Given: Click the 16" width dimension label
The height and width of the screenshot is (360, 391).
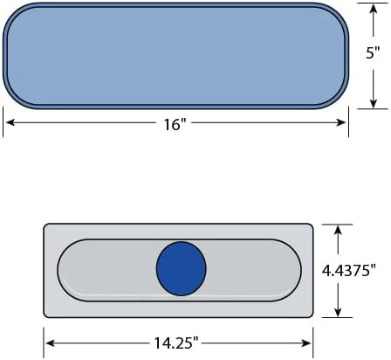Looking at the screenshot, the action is click(175, 124).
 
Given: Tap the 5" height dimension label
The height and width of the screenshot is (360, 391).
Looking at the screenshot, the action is click(373, 52).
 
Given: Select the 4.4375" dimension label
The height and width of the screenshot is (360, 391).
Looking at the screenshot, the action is click(348, 271).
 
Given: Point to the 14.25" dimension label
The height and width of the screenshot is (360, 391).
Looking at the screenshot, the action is click(176, 343).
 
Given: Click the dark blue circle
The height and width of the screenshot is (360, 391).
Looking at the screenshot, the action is click(182, 268).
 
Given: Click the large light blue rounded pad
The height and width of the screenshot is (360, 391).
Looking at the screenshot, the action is click(175, 56).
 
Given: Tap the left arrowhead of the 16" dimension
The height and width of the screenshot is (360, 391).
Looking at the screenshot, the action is click(10, 122).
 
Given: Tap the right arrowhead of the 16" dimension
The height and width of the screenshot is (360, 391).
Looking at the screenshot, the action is click(341, 122).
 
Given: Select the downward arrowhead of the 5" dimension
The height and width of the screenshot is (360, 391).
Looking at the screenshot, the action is click(374, 103).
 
